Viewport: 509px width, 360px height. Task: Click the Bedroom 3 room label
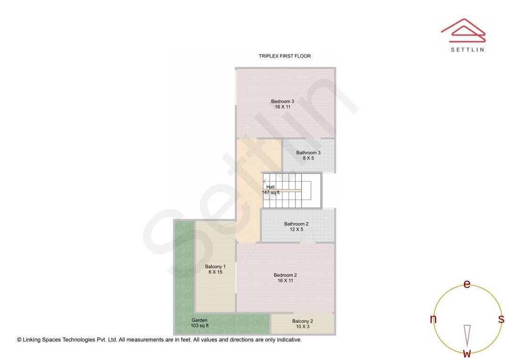[x=282, y=101]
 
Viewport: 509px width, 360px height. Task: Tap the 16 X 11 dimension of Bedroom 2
[x=285, y=281]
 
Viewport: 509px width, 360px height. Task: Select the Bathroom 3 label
[x=308, y=153]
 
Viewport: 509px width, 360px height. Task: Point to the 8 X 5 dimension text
[x=308, y=158]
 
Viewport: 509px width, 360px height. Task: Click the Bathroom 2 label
[x=296, y=224]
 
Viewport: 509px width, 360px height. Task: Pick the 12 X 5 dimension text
[x=296, y=230]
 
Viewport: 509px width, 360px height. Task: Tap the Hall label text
[x=271, y=187]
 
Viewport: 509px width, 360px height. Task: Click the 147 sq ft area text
[x=271, y=193]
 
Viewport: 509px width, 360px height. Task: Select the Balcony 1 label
[x=215, y=267]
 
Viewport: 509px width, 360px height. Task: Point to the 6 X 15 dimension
[x=215, y=272]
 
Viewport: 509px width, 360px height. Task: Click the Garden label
[x=199, y=320]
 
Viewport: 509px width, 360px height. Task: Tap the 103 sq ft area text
[x=200, y=326]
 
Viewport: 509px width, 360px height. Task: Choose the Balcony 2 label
[x=303, y=321]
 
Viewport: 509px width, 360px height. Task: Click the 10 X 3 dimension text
[x=303, y=327]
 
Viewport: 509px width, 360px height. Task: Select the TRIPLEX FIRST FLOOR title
[x=285, y=56]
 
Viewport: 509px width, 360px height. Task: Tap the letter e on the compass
[x=467, y=284]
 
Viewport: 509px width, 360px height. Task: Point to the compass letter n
[x=433, y=319]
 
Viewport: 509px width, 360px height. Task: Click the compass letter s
[x=501, y=319]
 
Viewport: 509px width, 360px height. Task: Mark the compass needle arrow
[x=467, y=335]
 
